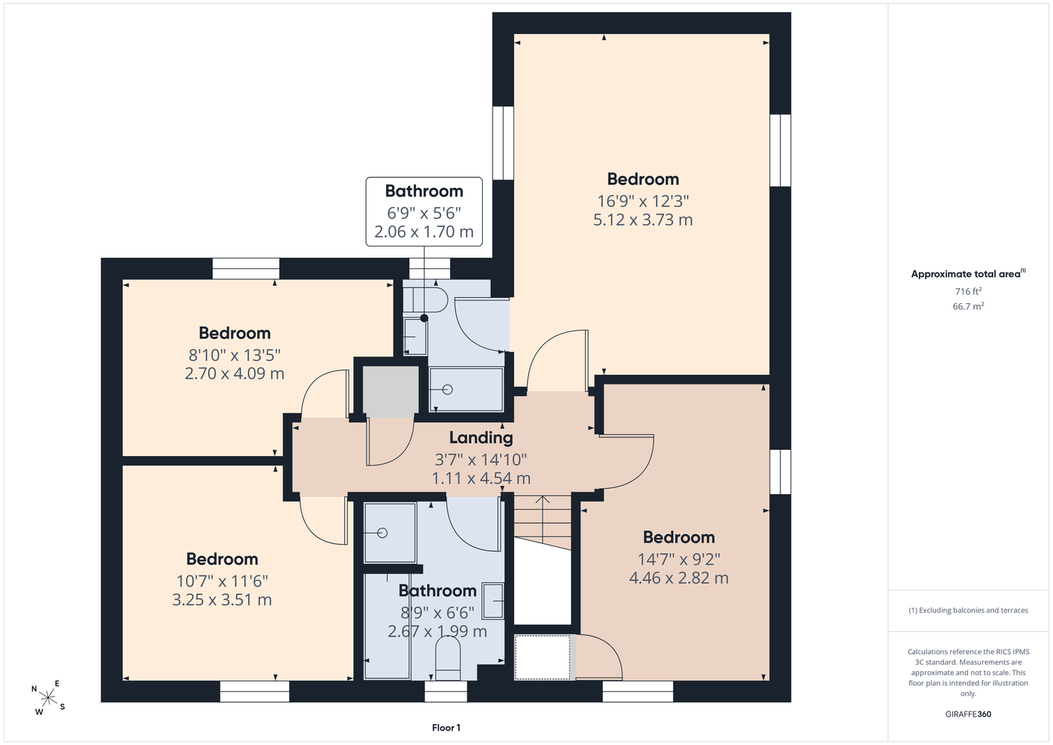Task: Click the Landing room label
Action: (x=481, y=437)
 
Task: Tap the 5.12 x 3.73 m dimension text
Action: (x=642, y=220)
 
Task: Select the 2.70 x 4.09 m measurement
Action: (x=235, y=374)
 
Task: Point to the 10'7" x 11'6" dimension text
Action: (x=222, y=581)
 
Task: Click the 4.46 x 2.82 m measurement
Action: (x=679, y=578)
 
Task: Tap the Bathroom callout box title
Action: (x=424, y=191)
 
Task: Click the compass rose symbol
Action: (x=48, y=698)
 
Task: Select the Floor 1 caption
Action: (x=446, y=728)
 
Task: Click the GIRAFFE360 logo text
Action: (x=968, y=714)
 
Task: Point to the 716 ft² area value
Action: (x=968, y=291)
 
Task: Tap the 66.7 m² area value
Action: (x=968, y=306)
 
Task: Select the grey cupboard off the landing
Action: (x=390, y=392)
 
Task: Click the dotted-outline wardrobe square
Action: (x=543, y=657)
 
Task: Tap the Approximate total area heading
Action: (x=968, y=274)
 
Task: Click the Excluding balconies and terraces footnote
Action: (x=968, y=610)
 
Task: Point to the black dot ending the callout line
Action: (x=424, y=318)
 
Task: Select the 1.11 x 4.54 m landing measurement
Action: (x=481, y=478)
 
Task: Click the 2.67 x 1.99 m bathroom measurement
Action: (x=437, y=631)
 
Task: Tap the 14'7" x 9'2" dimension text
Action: (x=679, y=559)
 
